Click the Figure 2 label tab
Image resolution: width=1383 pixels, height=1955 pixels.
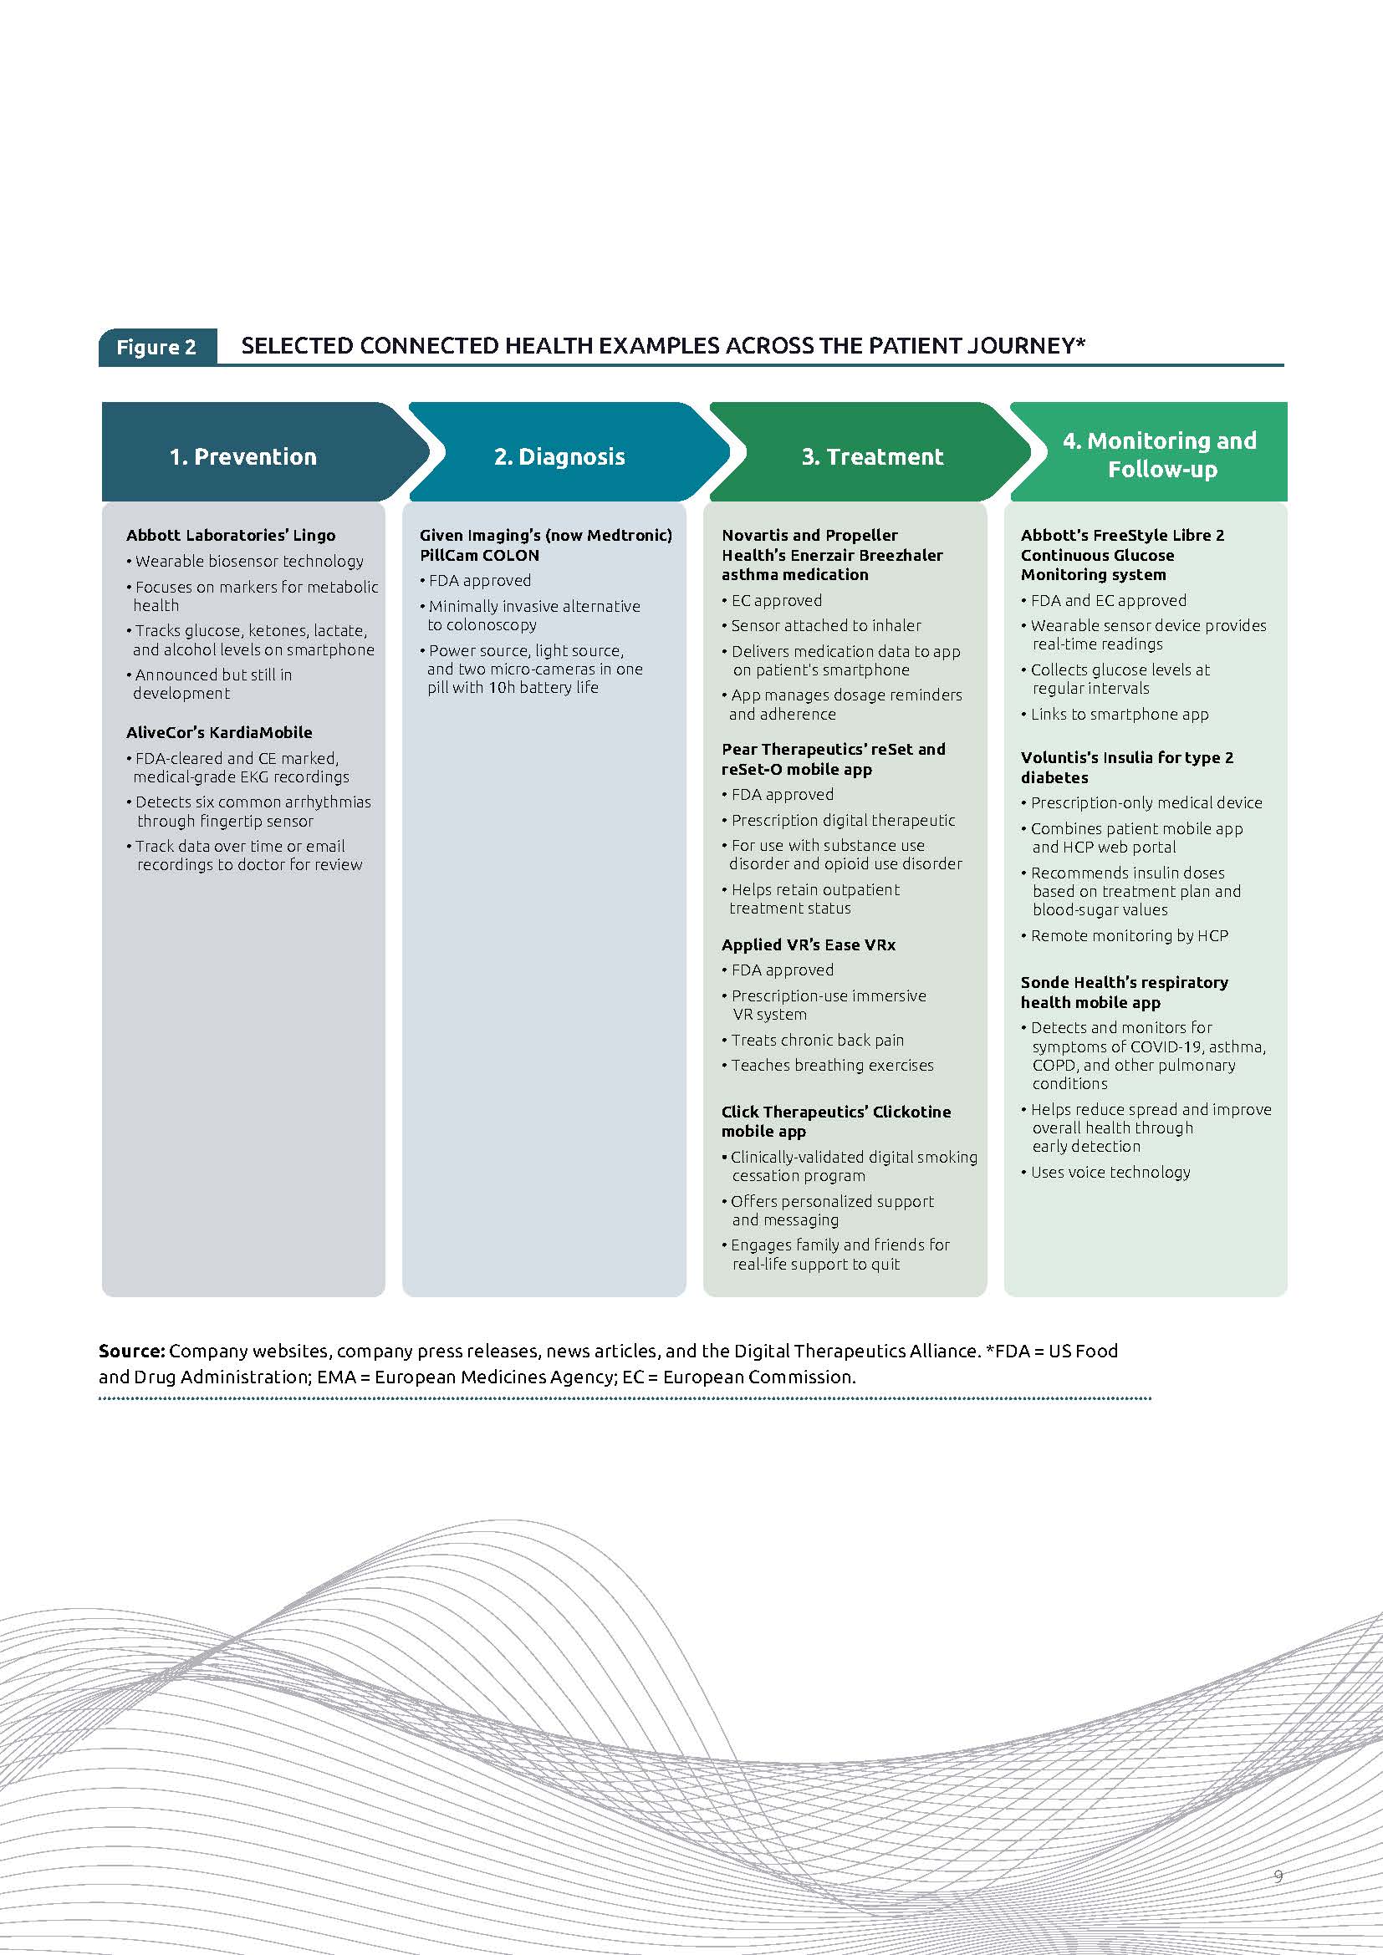(156, 347)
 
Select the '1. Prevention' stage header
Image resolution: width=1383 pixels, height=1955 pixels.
(242, 456)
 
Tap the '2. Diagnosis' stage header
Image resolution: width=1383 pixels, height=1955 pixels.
(559, 456)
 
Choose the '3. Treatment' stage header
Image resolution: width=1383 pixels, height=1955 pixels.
(872, 456)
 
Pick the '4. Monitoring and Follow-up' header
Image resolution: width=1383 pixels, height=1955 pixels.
(1160, 454)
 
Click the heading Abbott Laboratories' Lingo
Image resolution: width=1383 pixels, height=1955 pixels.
(231, 535)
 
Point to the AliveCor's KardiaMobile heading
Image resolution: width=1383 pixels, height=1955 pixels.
(219, 732)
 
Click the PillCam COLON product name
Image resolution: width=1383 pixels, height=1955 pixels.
(479, 555)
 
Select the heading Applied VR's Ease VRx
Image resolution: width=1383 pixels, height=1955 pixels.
(809, 944)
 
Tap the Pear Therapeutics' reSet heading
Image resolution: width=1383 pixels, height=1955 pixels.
(833, 749)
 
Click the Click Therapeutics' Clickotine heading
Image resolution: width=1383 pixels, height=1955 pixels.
(835, 1111)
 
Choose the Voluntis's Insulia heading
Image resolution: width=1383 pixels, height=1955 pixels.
(1126, 758)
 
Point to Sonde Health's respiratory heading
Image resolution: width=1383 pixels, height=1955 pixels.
(1124, 982)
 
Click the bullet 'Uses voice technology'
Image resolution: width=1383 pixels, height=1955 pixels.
(1110, 1172)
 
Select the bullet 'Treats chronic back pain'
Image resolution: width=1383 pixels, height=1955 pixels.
(818, 1040)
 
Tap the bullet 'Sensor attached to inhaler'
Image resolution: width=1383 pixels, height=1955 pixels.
(826, 625)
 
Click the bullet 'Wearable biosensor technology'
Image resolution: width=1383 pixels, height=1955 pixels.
(249, 561)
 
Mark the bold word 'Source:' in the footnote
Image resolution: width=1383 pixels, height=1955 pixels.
(131, 1351)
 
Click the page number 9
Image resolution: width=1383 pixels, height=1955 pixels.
(1278, 1876)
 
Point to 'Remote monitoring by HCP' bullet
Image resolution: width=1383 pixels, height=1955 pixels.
(1129, 935)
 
